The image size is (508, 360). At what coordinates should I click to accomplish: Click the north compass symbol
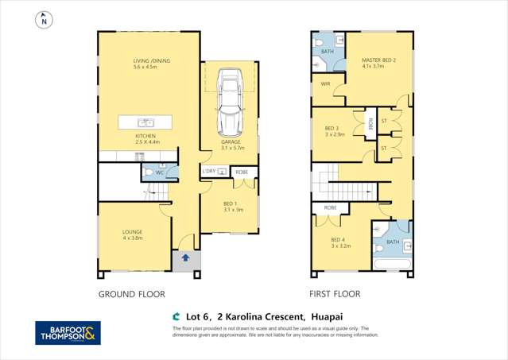tap(42, 21)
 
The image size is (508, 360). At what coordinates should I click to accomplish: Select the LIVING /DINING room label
tap(151, 64)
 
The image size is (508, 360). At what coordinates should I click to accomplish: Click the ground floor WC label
tap(160, 172)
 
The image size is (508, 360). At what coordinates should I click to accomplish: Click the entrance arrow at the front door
tap(185, 257)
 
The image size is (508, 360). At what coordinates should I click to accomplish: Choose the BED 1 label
tap(232, 206)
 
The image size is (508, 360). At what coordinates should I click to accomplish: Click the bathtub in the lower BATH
tap(391, 262)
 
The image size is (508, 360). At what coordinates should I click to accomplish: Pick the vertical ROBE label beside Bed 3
tap(370, 124)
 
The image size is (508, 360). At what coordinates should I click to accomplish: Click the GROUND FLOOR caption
tap(131, 294)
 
